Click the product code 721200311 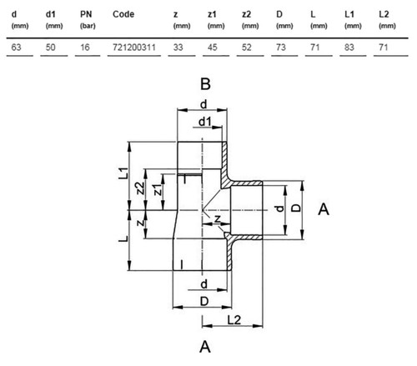(134, 48)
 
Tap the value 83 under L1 (349, 48)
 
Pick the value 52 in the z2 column (246, 48)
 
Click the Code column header (123, 14)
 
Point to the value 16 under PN (85, 48)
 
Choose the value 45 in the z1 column (212, 48)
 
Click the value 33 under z (178, 48)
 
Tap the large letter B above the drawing (205, 84)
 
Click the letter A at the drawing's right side (324, 209)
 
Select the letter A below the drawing (205, 347)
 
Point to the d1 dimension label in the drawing (205, 122)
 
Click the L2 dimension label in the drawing (234, 320)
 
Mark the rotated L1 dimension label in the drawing (123, 173)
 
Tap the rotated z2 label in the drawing (140, 188)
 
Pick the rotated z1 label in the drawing (158, 189)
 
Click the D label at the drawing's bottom (204, 301)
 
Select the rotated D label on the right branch (297, 208)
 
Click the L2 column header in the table (384, 14)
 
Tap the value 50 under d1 (50, 48)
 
